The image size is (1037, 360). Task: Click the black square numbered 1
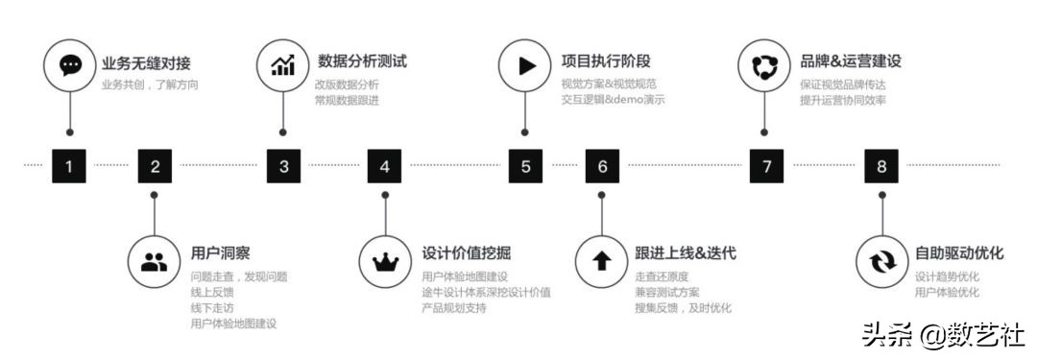(x=68, y=166)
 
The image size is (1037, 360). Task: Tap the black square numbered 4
(x=385, y=166)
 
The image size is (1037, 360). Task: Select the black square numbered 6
(x=602, y=166)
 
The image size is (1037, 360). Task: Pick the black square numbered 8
(x=881, y=166)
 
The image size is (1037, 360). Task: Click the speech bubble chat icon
(x=70, y=65)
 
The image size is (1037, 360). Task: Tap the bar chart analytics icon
(x=282, y=65)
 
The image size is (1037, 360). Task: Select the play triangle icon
(x=525, y=65)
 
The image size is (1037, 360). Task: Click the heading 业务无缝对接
(x=146, y=62)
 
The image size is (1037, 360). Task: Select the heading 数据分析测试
(x=362, y=61)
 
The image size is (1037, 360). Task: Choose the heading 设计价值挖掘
(x=467, y=253)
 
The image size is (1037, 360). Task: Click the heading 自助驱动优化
(x=959, y=253)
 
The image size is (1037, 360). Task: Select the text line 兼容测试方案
(x=667, y=292)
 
